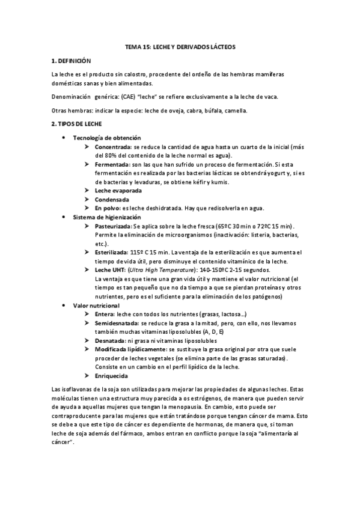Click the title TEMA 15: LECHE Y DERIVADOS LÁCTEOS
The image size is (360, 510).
180,46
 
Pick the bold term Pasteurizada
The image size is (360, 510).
114,225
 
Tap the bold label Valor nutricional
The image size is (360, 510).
96,306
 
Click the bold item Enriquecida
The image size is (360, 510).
111,376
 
